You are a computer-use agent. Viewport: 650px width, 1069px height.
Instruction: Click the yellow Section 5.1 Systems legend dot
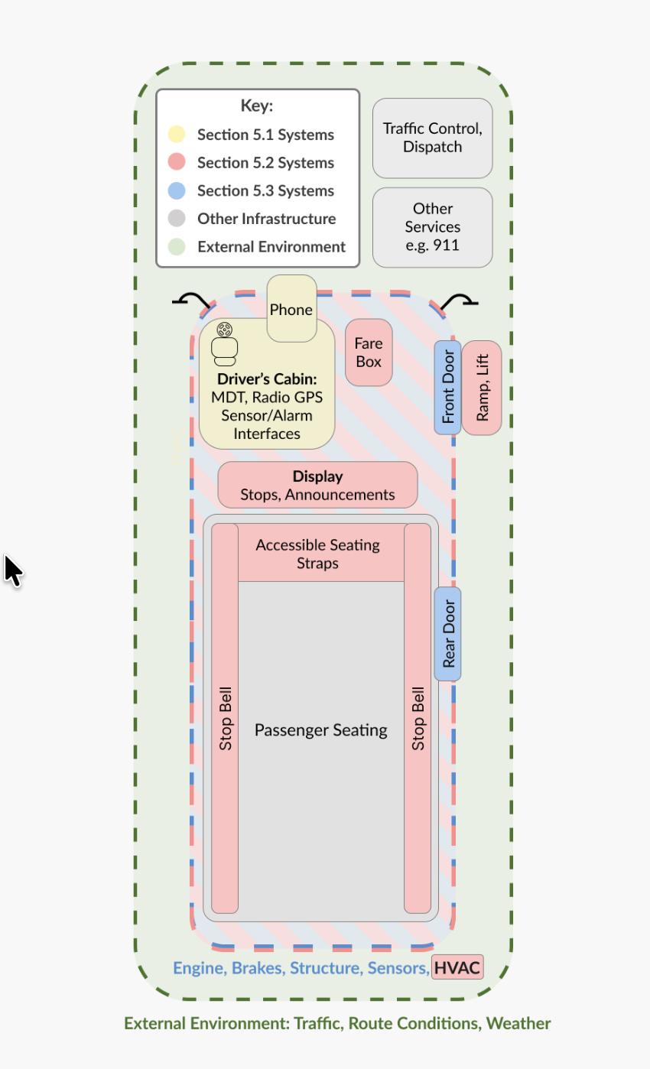pyautogui.click(x=177, y=135)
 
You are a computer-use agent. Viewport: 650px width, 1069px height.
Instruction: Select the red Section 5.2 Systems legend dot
pyautogui.click(x=177, y=162)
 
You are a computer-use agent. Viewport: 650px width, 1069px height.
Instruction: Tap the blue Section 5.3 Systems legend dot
pyautogui.click(x=177, y=190)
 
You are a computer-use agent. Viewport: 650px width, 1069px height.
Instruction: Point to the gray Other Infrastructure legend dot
pyautogui.click(x=177, y=218)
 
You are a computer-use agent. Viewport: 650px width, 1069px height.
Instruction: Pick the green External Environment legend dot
pyautogui.click(x=177, y=246)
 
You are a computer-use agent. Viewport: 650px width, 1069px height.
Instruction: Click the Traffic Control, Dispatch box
pyautogui.click(x=433, y=138)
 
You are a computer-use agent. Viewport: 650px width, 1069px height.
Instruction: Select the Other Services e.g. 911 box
pyautogui.click(x=433, y=227)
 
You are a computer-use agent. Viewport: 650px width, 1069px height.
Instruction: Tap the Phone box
pyautogui.click(x=291, y=309)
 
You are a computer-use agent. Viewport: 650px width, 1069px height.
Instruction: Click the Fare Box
pyautogui.click(x=369, y=353)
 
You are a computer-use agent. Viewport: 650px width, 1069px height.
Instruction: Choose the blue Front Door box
pyautogui.click(x=448, y=388)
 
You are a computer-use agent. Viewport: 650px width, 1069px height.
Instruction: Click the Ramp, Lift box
pyautogui.click(x=482, y=388)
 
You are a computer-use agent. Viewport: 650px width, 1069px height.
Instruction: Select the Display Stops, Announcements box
pyautogui.click(x=317, y=486)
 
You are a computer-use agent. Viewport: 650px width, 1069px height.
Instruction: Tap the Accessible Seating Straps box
pyautogui.click(x=318, y=554)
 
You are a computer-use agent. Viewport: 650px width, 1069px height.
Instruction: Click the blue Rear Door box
pyautogui.click(x=448, y=634)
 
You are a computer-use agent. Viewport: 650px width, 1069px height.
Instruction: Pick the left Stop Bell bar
pyautogui.click(x=225, y=719)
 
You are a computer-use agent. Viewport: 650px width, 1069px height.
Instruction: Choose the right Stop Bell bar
pyautogui.click(x=418, y=719)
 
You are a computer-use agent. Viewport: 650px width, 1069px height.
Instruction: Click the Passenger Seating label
pyautogui.click(x=321, y=730)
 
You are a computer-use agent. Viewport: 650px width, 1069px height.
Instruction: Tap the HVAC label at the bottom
pyautogui.click(x=457, y=968)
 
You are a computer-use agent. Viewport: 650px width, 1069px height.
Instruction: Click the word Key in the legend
pyautogui.click(x=257, y=106)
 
